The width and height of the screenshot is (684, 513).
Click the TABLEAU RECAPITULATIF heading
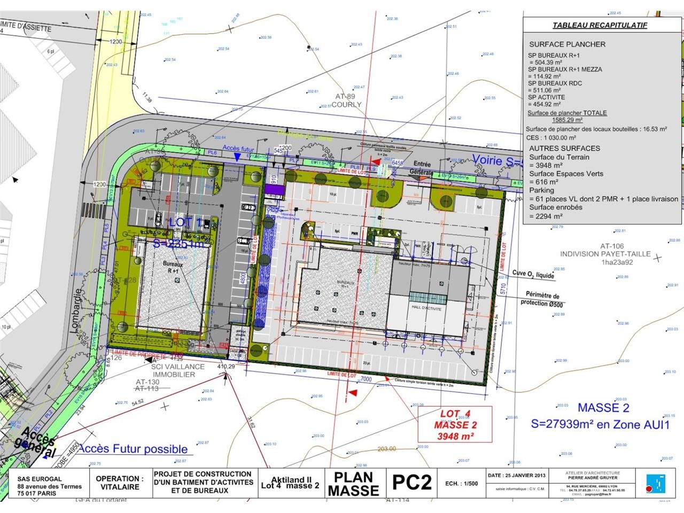(600, 25)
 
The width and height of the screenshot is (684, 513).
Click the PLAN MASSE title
(353, 484)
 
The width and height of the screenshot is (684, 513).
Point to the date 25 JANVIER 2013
(516, 475)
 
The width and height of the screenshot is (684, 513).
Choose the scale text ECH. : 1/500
(462, 483)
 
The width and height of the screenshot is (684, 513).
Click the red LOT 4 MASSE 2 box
(455, 425)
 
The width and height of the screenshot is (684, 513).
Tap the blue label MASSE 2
(603, 408)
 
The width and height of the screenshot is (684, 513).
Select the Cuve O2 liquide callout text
(532, 275)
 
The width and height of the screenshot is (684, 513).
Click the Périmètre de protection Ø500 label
(542, 299)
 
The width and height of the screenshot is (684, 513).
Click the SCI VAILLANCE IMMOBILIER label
(177, 370)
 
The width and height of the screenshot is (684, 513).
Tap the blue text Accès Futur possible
(134, 449)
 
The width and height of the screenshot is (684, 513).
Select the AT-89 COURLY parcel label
(347, 100)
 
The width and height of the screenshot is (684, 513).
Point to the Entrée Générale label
(422, 169)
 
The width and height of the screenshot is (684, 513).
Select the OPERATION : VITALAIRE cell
(120, 483)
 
